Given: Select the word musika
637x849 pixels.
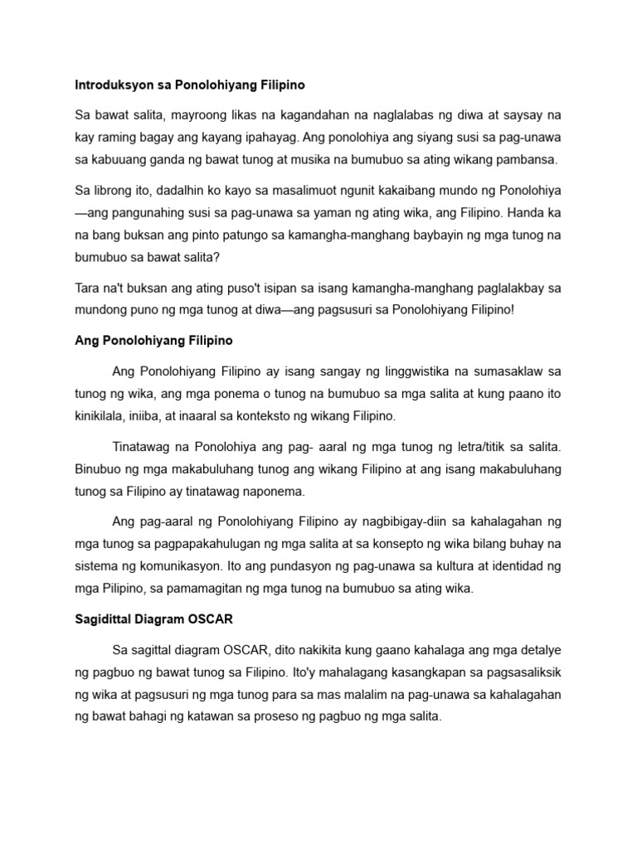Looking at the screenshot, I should tap(377, 159).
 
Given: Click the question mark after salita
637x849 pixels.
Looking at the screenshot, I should tap(217, 258).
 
